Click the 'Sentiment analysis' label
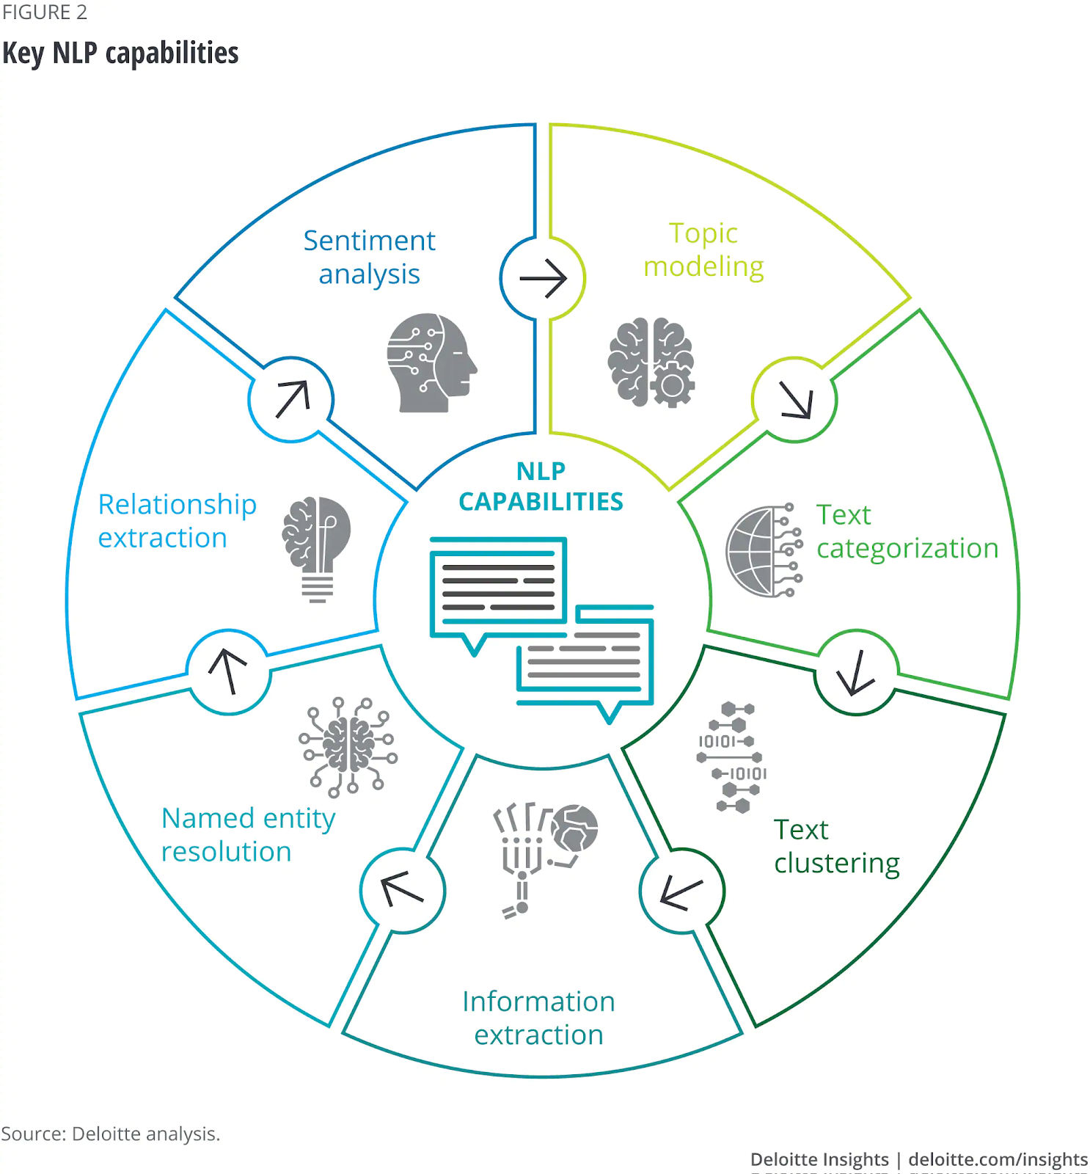pos(369,258)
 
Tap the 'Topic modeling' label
pos(703,249)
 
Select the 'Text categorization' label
pos(907,531)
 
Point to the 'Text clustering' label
pos(836,846)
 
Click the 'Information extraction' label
pos(538,1018)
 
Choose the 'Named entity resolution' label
pos(248,834)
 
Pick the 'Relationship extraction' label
pos(177,520)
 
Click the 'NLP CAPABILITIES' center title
pos(541,486)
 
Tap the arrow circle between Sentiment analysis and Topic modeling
pos(543,279)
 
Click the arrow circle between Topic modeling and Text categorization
pos(795,400)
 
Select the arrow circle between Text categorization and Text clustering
pos(856,672)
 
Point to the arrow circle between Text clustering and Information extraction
pos(681,891)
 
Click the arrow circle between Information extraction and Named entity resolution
pos(403,891)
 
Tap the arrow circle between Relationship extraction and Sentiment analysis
pos(291,400)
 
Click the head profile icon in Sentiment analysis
pos(431,362)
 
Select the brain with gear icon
pos(651,362)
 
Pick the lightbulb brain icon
pos(317,547)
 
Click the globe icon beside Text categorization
pos(763,550)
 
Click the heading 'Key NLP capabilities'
pos(121,53)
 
